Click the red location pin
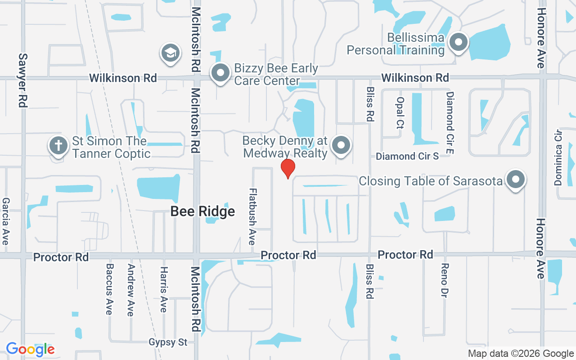(288, 168)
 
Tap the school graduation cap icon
(170, 53)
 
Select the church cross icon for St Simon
(58, 145)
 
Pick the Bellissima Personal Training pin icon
(459, 43)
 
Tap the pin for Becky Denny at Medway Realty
(341, 145)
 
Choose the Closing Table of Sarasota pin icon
(516, 180)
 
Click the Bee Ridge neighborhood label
(202, 211)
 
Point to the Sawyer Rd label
(23, 80)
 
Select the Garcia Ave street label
(5, 221)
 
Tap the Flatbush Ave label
(252, 216)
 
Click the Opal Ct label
(400, 113)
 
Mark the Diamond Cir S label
(407, 156)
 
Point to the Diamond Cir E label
(450, 122)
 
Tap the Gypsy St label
(168, 342)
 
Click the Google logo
(30, 349)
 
